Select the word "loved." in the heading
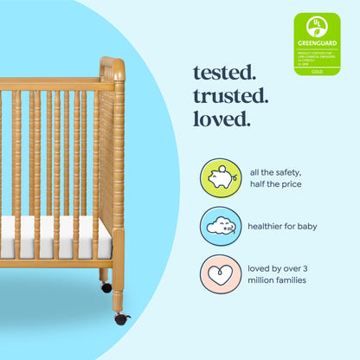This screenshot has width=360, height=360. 221,118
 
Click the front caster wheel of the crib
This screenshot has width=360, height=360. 121,318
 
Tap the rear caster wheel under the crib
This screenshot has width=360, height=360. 106,286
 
